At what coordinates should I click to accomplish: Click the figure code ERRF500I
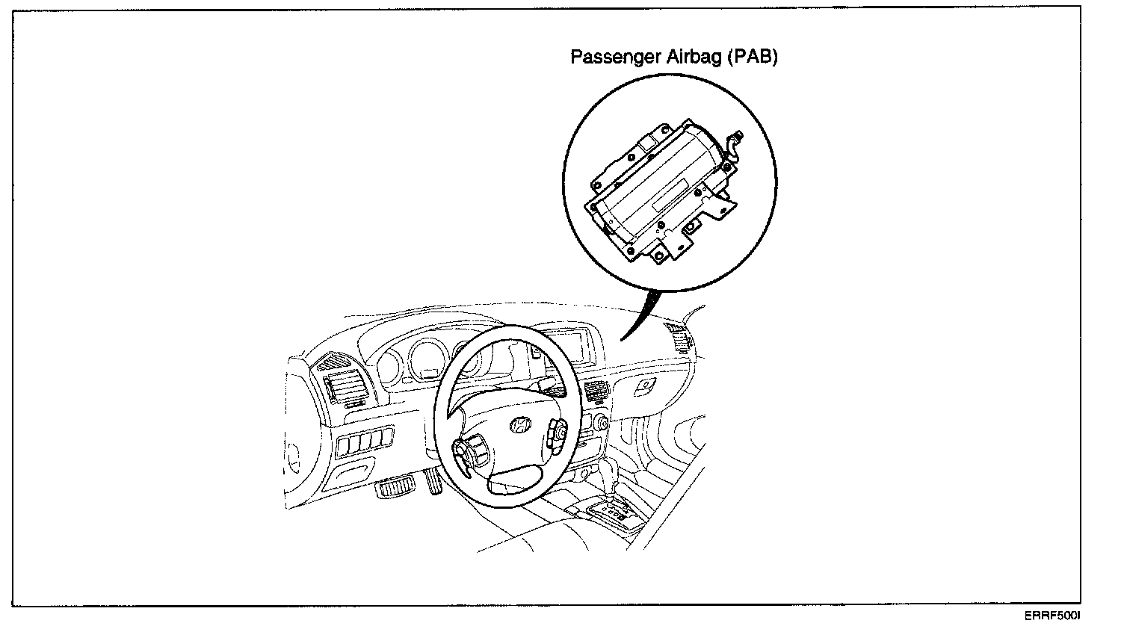pyautogui.click(x=1053, y=617)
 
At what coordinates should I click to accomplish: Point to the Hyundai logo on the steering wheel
pyautogui.click(x=517, y=425)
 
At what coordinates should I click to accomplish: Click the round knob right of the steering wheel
pyautogui.click(x=601, y=424)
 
